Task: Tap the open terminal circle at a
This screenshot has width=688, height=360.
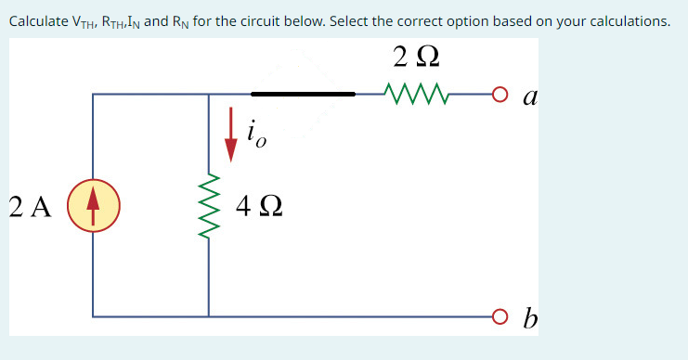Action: pos(500,94)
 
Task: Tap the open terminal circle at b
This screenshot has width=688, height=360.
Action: pos(500,316)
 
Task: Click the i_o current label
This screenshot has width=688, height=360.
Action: pos(256,135)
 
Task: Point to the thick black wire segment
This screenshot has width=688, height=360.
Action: pos(303,93)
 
